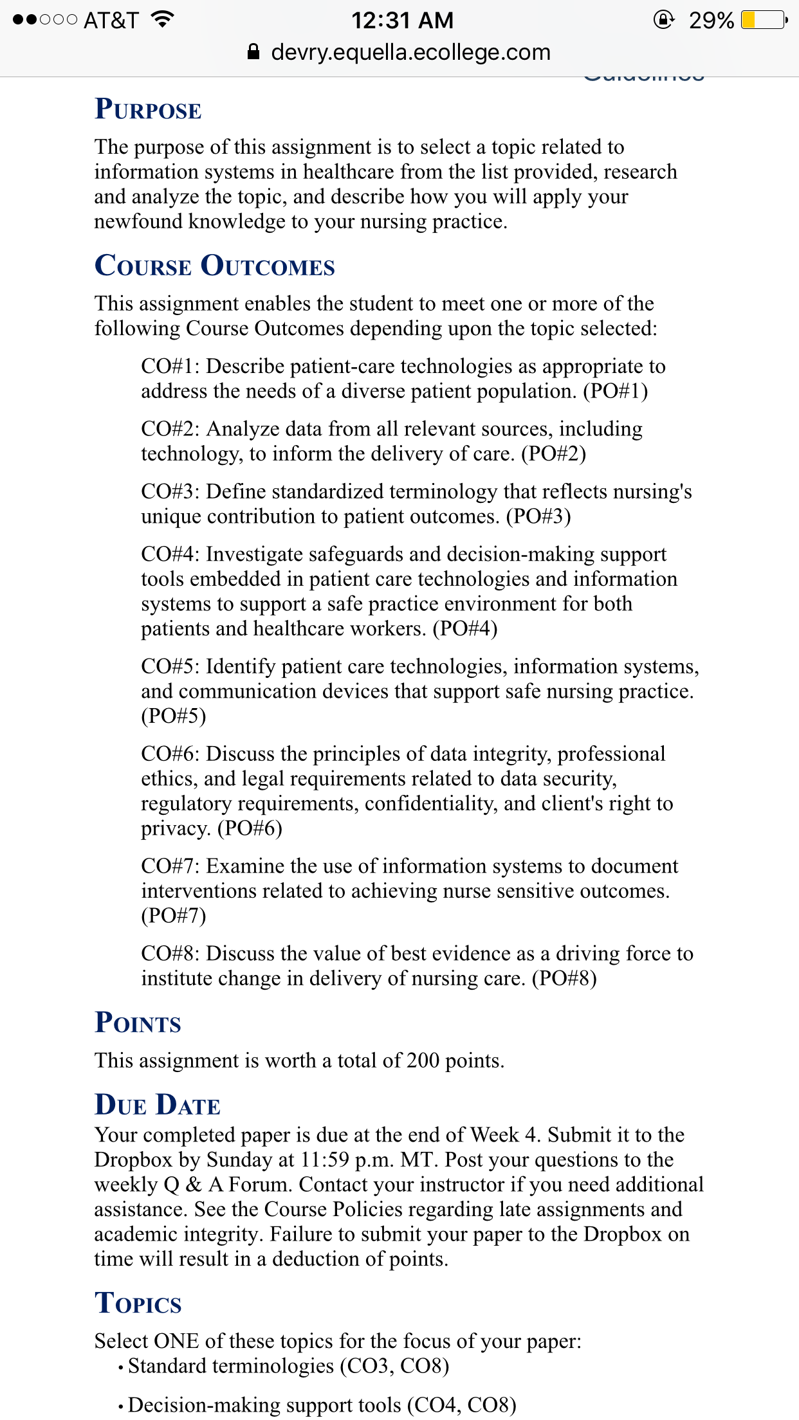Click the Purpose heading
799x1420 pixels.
(x=148, y=110)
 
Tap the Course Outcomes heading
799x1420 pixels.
(x=214, y=266)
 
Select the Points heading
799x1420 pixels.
(x=138, y=1023)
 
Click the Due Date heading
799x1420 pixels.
(x=157, y=1106)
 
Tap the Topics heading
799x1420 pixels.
(x=138, y=1304)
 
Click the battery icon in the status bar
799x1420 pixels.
(x=763, y=21)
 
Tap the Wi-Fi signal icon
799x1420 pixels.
(x=163, y=19)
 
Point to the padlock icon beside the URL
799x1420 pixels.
(x=253, y=52)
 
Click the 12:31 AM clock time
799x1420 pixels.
(x=402, y=21)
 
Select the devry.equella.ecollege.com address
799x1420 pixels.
(x=410, y=52)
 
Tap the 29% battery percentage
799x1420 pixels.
(x=711, y=21)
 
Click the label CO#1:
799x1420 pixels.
(x=170, y=367)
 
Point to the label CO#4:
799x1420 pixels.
(x=170, y=554)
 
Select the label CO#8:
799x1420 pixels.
(x=170, y=954)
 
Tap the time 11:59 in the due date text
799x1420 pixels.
(x=325, y=1160)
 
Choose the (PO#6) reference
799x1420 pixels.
(x=250, y=828)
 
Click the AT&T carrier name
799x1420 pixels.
(x=111, y=21)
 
